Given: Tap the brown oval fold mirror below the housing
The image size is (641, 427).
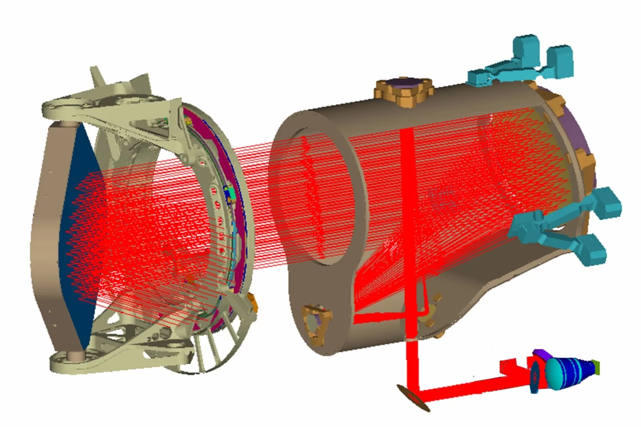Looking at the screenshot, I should pyautogui.click(x=414, y=396).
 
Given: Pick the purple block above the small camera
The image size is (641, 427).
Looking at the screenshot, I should pyautogui.click(x=541, y=354).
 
